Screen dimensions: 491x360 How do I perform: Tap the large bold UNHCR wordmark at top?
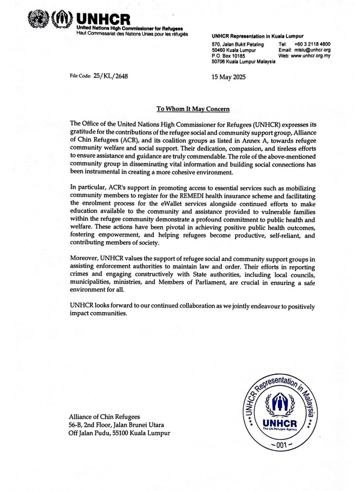tap(103, 19)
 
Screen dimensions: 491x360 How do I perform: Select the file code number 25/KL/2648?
tap(111, 75)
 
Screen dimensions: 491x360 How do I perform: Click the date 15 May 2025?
tap(229, 77)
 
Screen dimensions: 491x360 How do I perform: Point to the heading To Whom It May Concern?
tap(193, 109)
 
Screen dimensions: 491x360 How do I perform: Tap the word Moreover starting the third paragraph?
tap(84, 258)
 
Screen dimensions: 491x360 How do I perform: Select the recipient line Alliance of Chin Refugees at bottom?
tap(104, 416)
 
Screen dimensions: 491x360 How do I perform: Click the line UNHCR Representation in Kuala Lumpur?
tap(257, 36)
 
